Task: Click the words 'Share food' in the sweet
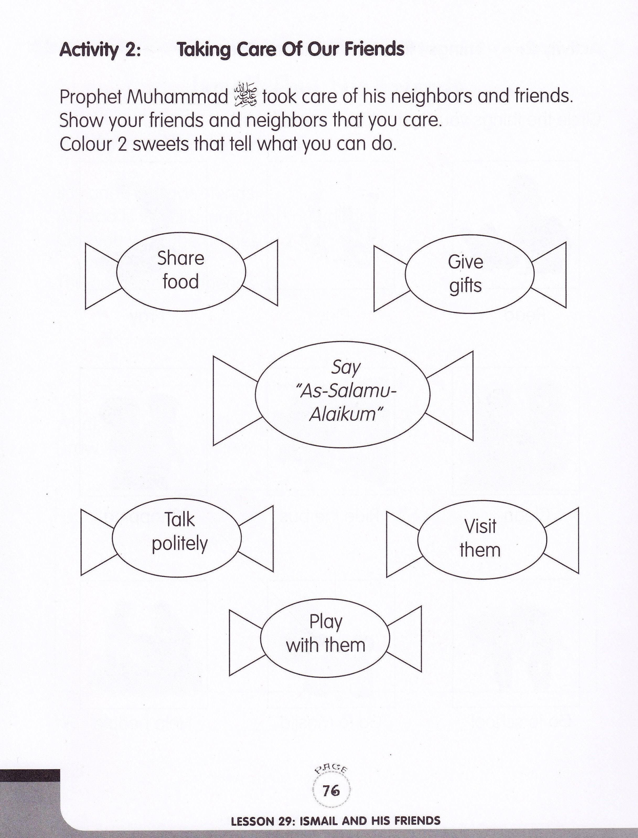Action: [x=181, y=270]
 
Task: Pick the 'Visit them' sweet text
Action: [x=480, y=538]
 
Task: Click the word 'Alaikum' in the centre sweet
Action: [x=345, y=414]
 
